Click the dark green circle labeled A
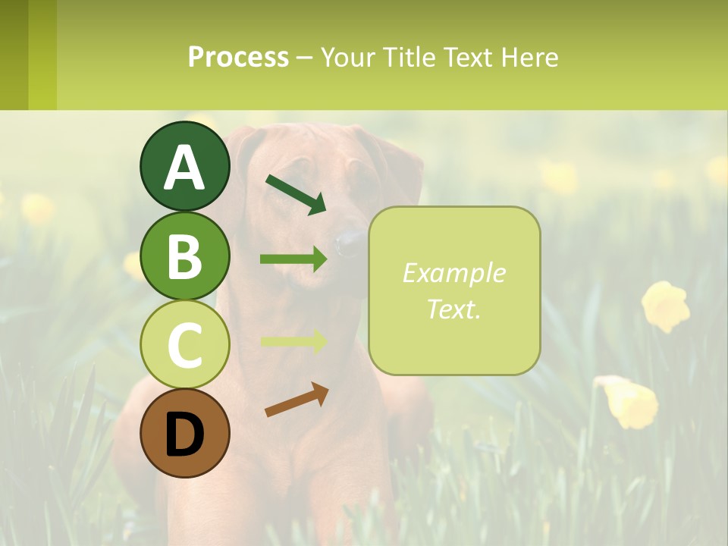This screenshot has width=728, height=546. point(185,166)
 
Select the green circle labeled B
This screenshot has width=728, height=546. point(185,256)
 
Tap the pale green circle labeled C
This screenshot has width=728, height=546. point(185,345)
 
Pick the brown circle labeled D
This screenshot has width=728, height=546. point(185,434)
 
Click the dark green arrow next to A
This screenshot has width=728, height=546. point(296,195)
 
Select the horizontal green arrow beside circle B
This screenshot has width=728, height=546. point(293,259)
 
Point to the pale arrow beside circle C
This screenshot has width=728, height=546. point(293,341)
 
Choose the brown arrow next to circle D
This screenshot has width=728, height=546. point(297,400)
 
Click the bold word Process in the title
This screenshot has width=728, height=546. point(238,58)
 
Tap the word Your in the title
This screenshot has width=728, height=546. point(349,58)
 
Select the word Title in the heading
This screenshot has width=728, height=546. point(410,58)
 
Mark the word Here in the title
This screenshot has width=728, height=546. point(530,58)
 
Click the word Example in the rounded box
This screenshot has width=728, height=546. point(453,273)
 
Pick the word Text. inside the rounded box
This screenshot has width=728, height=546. point(453,309)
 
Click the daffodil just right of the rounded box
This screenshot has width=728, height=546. point(666,306)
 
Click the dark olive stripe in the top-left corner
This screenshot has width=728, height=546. point(14,55)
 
